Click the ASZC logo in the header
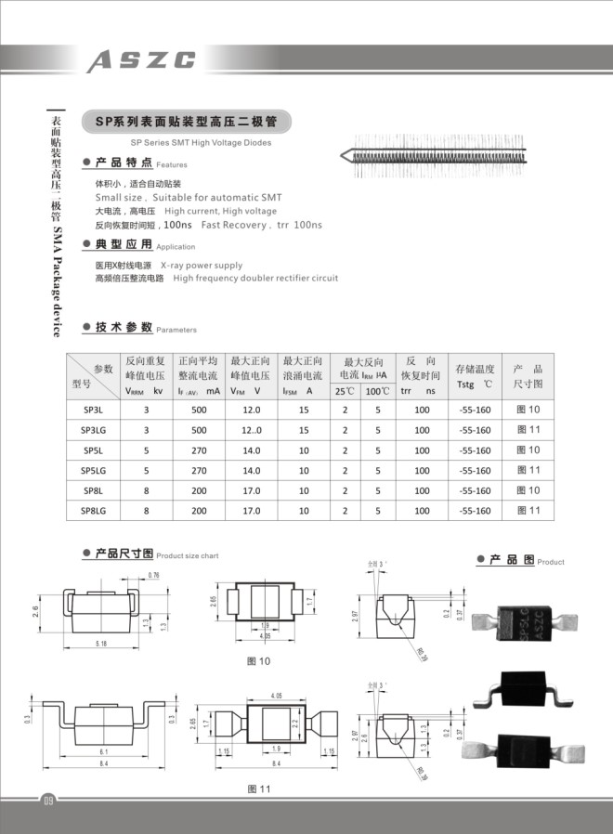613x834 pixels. coord(142,60)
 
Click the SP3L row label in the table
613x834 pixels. coord(93,410)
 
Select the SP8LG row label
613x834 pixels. coord(93,511)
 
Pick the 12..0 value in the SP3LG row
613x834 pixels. coord(252,430)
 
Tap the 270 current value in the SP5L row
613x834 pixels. coord(199,450)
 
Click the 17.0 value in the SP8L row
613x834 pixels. coord(252,490)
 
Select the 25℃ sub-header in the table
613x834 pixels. coord(346,391)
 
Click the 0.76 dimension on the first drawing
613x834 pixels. coord(153,576)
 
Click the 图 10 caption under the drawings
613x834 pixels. coord(258,661)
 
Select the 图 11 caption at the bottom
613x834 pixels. coord(258,788)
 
